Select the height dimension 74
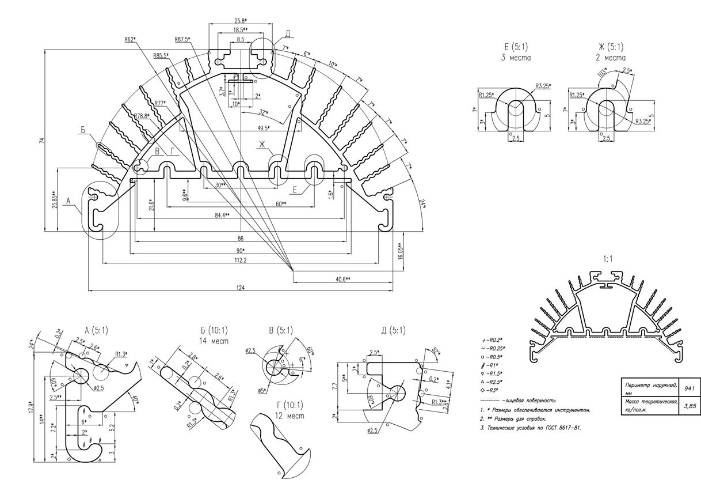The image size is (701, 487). [41, 142]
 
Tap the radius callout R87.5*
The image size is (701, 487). [182, 39]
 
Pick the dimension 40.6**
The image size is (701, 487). [344, 279]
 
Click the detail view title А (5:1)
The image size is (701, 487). [96, 330]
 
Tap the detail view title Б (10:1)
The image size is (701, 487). [214, 330]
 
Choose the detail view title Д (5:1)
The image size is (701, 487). [393, 330]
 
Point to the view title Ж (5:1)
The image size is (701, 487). [611, 47]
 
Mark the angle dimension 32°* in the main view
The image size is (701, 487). [264, 112]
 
